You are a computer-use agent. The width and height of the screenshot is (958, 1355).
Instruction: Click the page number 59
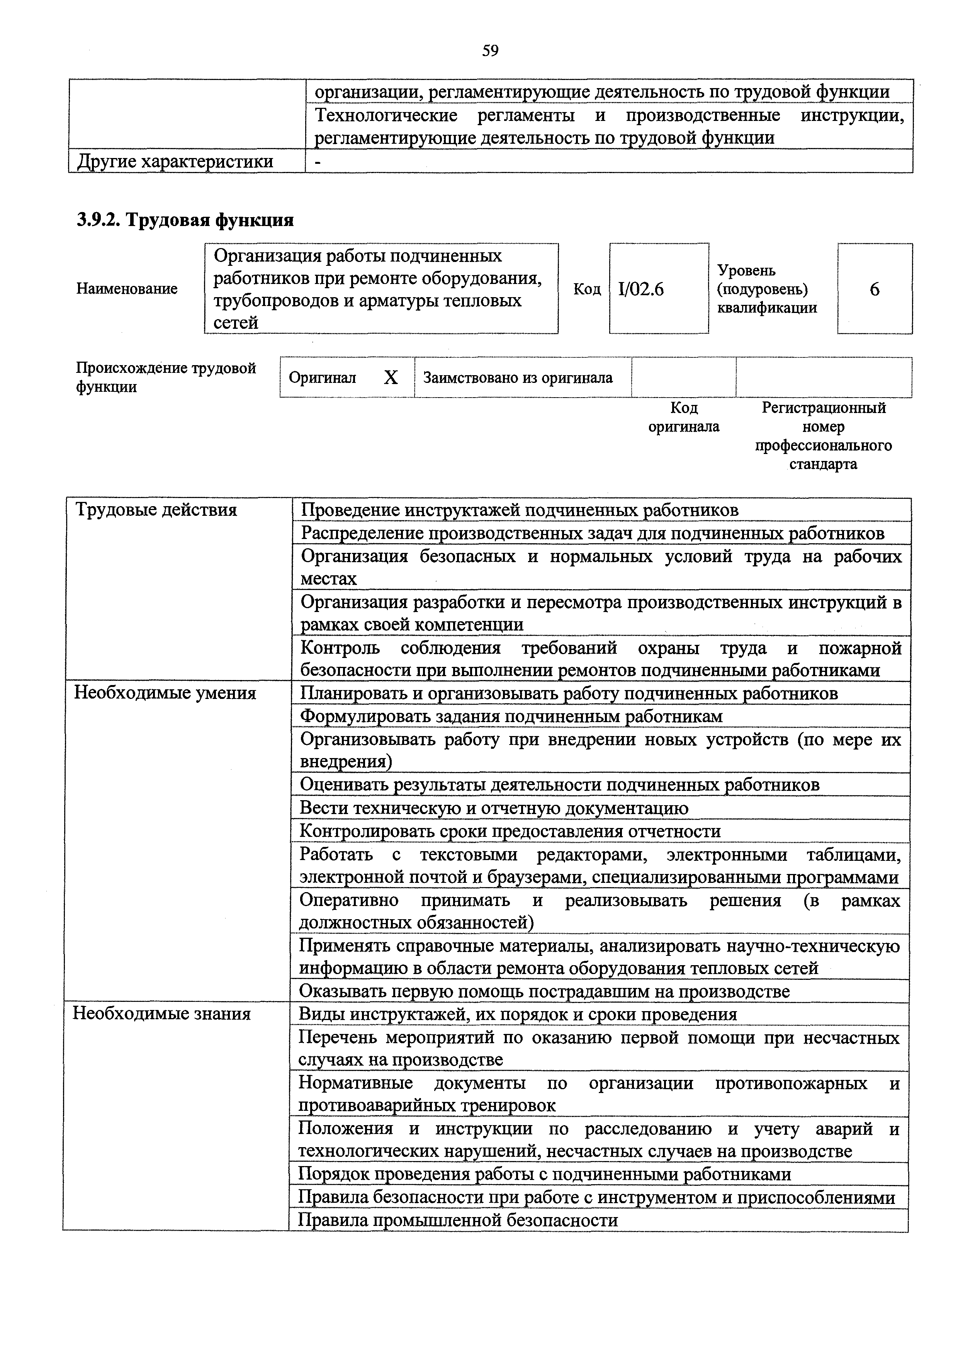(490, 51)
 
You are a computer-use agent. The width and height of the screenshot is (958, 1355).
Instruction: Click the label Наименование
(127, 289)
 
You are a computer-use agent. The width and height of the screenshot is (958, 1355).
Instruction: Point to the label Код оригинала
(684, 417)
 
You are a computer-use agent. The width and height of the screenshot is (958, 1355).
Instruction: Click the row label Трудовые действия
(156, 510)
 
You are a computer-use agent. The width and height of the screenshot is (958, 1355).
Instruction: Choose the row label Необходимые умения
(165, 693)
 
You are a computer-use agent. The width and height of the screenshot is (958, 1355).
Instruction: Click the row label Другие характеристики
(175, 161)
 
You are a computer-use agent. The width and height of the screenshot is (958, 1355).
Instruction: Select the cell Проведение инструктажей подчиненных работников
(519, 510)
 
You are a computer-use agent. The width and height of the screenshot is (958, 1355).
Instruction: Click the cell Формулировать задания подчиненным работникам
(511, 716)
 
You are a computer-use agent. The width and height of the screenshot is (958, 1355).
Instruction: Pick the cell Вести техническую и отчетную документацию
(494, 808)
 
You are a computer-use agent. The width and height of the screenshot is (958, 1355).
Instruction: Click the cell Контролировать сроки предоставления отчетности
(510, 831)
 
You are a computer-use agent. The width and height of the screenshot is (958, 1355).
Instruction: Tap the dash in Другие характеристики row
(318, 161)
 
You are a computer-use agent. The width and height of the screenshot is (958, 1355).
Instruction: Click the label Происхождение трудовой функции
(166, 378)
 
